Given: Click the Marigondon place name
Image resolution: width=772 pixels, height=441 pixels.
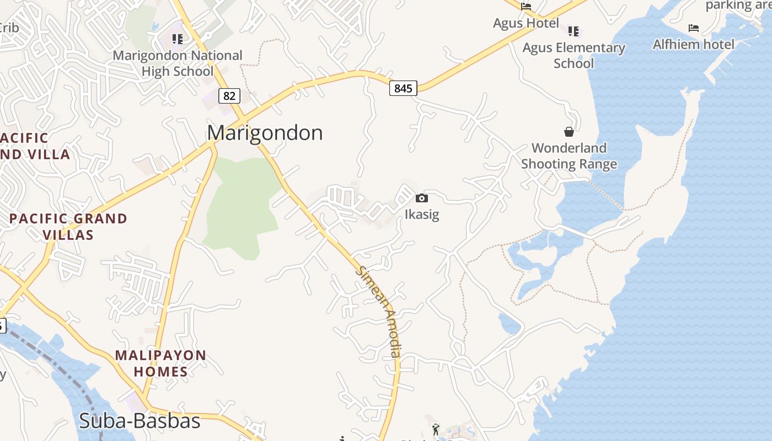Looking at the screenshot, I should click(x=265, y=133).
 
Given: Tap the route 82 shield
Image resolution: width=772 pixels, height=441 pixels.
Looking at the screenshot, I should click(x=229, y=96).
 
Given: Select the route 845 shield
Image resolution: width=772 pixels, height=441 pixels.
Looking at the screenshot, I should click(x=403, y=88).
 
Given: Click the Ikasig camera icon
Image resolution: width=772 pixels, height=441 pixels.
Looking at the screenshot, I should click(x=422, y=198).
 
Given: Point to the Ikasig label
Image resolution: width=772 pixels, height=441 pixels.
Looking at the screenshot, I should click(x=422, y=214).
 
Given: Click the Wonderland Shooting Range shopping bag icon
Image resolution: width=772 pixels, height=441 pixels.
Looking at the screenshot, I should click(x=569, y=132).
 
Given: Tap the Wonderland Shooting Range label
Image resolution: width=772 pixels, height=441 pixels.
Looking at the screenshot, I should click(x=569, y=156).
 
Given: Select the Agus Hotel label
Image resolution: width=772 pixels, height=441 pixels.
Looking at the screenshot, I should click(x=526, y=23).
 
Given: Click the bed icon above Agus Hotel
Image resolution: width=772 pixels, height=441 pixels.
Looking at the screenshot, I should click(x=526, y=7).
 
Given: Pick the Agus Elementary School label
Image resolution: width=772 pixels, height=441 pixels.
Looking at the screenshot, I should click(x=573, y=55).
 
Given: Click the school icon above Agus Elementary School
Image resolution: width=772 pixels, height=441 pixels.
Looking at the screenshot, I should click(x=573, y=31).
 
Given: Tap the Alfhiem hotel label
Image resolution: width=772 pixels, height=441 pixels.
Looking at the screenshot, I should click(x=693, y=44).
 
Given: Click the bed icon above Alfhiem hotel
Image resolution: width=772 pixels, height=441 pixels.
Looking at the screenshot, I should click(x=694, y=28).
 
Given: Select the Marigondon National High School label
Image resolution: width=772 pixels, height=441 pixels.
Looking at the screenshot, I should click(x=178, y=63).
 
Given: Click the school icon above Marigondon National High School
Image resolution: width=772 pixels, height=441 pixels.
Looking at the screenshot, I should click(x=177, y=39).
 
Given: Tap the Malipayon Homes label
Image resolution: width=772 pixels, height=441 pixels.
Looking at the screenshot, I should click(x=160, y=363).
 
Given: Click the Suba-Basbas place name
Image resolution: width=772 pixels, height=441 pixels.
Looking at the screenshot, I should click(x=139, y=421).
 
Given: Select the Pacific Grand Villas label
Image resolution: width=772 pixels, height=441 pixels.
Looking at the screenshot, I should click(x=68, y=227).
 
